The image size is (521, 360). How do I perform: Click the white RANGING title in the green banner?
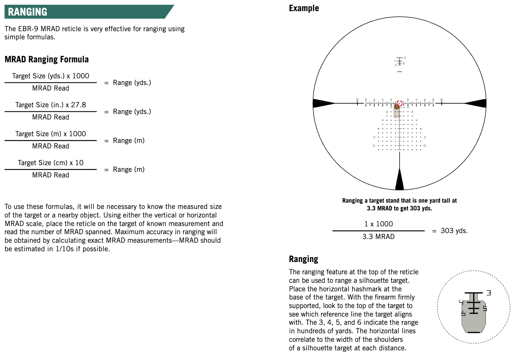[x=27, y=12]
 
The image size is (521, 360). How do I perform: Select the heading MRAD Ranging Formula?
[x=47, y=59]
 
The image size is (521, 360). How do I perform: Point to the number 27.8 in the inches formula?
[x=78, y=105]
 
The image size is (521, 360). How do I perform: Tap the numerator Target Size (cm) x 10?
[x=50, y=163]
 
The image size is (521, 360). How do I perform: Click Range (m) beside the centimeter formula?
[x=128, y=170]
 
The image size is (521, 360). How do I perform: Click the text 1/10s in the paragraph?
[x=65, y=249]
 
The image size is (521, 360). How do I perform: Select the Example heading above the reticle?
[x=304, y=8]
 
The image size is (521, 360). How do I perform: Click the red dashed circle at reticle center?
[x=399, y=103]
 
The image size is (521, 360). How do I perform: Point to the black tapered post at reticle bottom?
[x=399, y=180]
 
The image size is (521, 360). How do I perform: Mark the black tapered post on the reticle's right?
[x=476, y=103]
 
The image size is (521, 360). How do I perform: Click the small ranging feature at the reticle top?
[x=400, y=62]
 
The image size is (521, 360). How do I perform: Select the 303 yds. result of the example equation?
[x=454, y=231]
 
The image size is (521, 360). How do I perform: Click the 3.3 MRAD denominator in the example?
[x=378, y=237]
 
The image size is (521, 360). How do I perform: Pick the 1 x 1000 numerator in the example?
[x=378, y=224]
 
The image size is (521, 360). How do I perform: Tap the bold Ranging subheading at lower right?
[x=304, y=259]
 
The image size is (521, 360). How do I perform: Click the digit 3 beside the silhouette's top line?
[x=489, y=293]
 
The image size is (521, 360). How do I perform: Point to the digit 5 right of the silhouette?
[x=485, y=308]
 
